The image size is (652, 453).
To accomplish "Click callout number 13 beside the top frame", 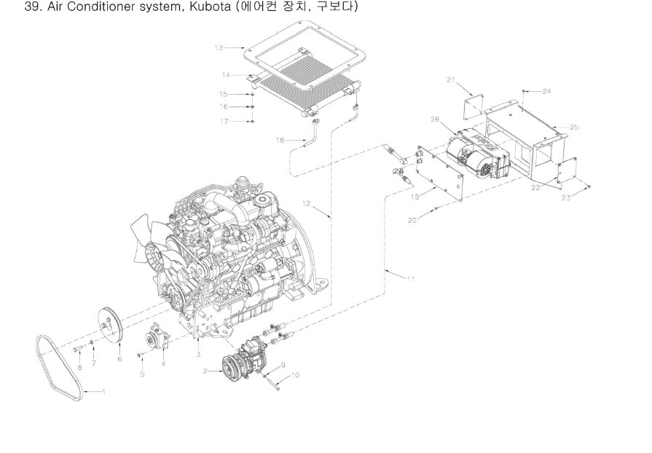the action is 219,48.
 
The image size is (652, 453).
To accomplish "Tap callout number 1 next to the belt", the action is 103,392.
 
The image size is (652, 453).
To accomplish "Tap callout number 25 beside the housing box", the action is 574,127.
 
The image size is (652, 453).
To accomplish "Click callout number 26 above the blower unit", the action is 435,119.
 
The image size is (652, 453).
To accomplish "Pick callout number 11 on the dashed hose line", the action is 411,279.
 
